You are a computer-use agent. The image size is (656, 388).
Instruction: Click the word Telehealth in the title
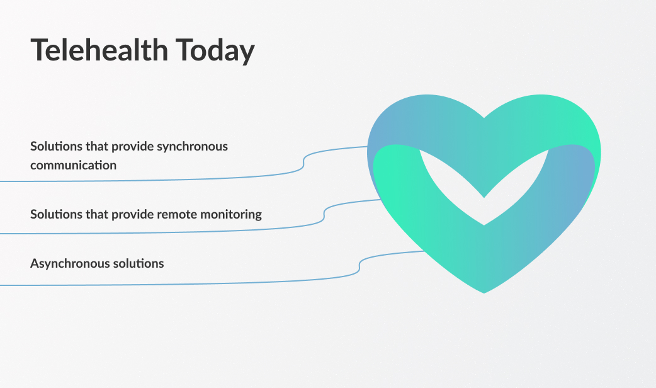pos(99,50)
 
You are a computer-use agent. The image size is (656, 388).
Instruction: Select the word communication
pos(73,165)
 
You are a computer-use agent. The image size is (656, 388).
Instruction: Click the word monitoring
pos(231,215)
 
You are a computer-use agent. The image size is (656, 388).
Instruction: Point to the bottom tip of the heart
pos(484,292)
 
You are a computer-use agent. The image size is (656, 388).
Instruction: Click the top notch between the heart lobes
pos(484,117)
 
